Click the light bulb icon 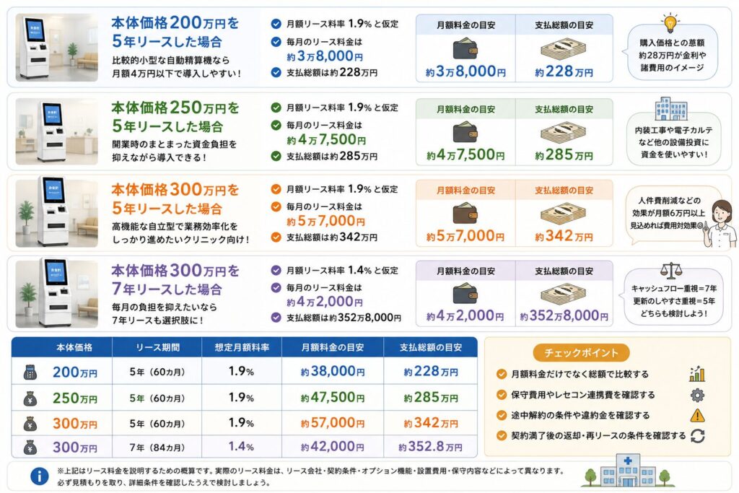[670, 22]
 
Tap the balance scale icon [671, 271]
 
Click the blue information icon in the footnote [40, 476]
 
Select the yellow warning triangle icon [698, 415]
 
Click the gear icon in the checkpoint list [698, 395]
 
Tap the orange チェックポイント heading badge [581, 352]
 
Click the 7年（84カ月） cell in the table [157, 447]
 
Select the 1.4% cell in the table [241, 446]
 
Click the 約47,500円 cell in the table [333, 397]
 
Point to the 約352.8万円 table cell [430, 446]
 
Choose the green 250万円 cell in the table [75, 398]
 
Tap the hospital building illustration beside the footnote [627, 471]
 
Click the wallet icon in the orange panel [465, 213]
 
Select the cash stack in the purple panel [564, 294]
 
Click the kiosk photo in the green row [57, 131]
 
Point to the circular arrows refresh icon [698, 436]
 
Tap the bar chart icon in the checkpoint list [697, 374]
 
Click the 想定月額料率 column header [242, 347]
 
